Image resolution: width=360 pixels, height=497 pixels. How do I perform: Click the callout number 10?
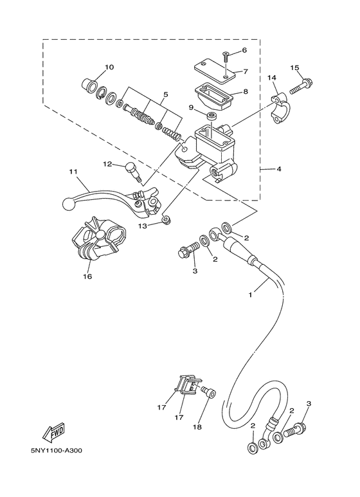pos(109,68)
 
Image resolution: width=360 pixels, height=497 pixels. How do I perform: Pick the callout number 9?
pos(192,107)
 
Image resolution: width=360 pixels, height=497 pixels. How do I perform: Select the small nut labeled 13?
pos(166,221)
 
